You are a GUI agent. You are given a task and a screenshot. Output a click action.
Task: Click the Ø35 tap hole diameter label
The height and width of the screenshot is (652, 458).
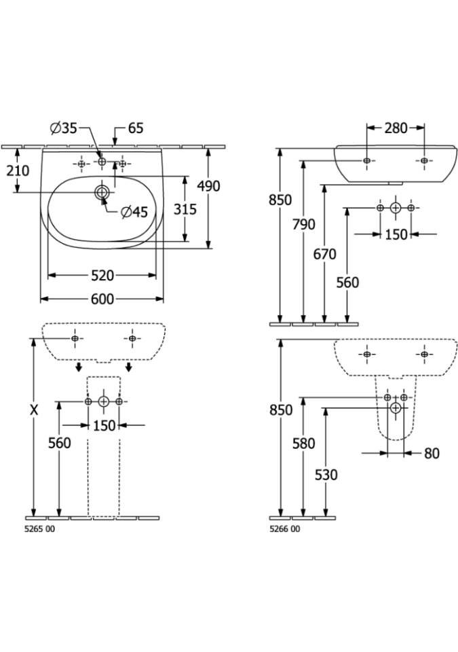64,128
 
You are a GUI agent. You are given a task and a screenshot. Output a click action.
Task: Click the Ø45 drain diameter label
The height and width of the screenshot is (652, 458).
134,212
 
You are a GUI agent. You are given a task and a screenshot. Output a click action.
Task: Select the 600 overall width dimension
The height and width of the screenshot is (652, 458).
102,299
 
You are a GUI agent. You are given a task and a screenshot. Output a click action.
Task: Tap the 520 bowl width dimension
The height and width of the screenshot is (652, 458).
102,275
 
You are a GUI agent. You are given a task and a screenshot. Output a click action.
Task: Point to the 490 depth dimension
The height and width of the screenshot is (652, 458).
208,186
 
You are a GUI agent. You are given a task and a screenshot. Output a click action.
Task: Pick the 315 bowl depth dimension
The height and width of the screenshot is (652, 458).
185,209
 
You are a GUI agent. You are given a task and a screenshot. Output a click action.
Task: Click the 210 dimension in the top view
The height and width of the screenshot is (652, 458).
18,170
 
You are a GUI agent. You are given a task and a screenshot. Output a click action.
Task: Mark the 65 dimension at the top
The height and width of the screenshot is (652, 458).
136,128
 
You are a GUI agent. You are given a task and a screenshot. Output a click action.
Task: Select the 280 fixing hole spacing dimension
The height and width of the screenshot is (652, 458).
396,128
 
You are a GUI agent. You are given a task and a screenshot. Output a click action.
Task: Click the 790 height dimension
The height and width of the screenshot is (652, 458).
304,225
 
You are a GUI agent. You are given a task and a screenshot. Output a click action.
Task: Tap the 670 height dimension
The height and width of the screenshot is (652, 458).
324,253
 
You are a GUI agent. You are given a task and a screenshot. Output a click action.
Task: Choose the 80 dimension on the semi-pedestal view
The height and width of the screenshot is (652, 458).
432,453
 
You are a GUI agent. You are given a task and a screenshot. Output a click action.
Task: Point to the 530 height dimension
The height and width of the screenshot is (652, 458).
326,475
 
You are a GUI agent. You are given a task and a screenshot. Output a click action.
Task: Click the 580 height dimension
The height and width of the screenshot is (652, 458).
304,443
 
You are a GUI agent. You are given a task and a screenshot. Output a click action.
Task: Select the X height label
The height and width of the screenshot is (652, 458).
34,410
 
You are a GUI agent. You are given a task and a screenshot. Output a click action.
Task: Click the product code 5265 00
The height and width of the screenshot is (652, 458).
40,529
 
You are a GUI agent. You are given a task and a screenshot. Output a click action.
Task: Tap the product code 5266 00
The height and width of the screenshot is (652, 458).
285,529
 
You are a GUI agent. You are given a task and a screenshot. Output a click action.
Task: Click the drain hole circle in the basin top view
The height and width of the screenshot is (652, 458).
102,192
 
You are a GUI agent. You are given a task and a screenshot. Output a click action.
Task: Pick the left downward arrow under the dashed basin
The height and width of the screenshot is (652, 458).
78,367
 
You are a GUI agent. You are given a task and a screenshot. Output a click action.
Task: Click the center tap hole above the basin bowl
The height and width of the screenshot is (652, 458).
102,161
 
